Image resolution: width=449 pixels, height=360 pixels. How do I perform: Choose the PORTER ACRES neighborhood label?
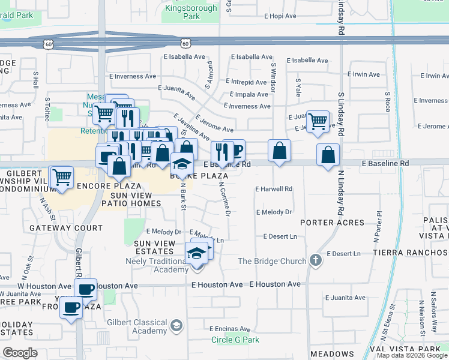332,223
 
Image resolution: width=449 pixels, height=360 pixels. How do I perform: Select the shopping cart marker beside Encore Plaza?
61,178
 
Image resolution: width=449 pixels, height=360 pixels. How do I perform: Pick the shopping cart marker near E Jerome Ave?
318,121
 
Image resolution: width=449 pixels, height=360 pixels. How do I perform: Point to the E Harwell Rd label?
273,189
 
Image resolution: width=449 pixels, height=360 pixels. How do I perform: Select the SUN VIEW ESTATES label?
155,247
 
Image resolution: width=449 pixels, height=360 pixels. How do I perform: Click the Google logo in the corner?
20,353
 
